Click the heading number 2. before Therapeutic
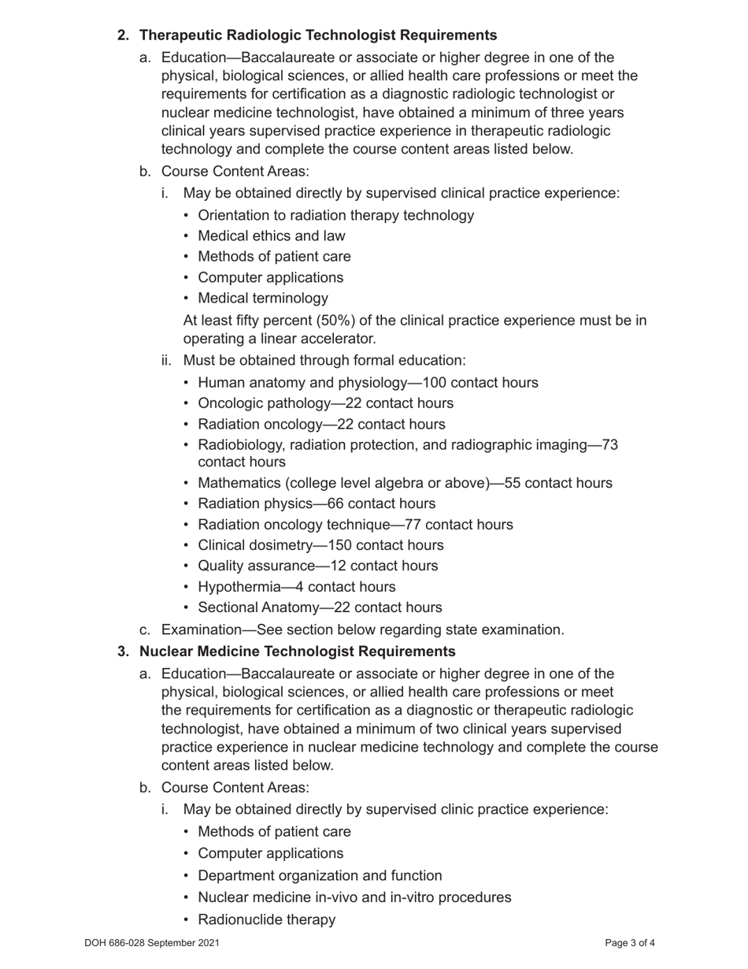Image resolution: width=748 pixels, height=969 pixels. coord(123,35)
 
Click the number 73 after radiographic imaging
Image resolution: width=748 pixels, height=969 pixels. coord(609,445)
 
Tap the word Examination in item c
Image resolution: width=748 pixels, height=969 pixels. coord(195,629)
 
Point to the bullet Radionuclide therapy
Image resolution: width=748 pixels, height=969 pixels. coord(266,919)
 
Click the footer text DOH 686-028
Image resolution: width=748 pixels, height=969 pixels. coord(118,943)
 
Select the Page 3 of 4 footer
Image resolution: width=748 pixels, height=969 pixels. coord(629,943)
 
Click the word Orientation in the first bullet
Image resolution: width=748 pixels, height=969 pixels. coord(234,215)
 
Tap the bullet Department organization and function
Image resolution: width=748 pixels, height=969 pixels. coord(320,875)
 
